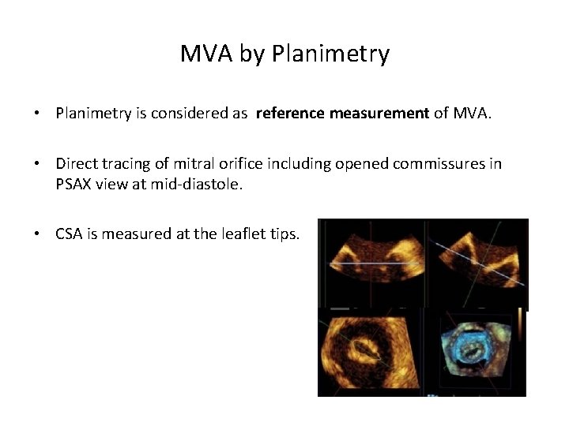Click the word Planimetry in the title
330,54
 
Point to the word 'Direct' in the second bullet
75,163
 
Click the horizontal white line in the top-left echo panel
371,263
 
